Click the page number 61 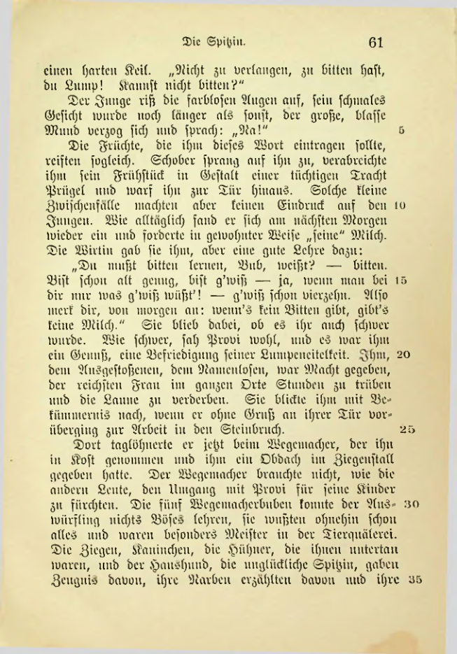click(x=377, y=42)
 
